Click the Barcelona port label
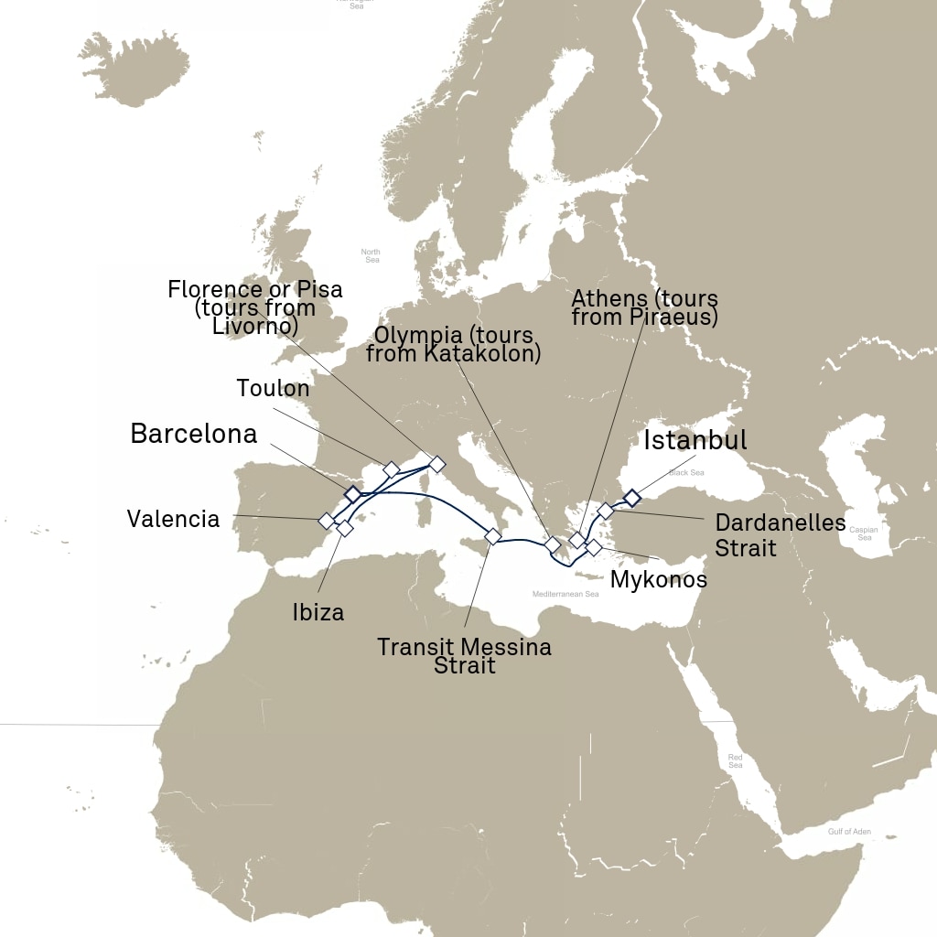pos(194,434)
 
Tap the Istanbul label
pos(695,440)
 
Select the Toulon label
pos(273,388)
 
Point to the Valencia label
pos(174,520)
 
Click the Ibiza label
pos(318,612)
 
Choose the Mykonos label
pos(659,579)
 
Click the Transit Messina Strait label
pos(465,656)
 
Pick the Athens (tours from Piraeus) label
pos(644,308)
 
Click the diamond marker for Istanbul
pos(631,498)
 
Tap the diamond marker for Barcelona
pos(352,494)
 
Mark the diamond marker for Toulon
pos(391,469)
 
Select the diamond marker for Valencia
pos(326,521)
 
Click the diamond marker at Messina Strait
pos(492,536)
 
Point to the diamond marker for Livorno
pos(436,464)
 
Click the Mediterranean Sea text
pos(565,594)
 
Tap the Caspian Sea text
pos(865,533)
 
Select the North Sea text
pos(371,255)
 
